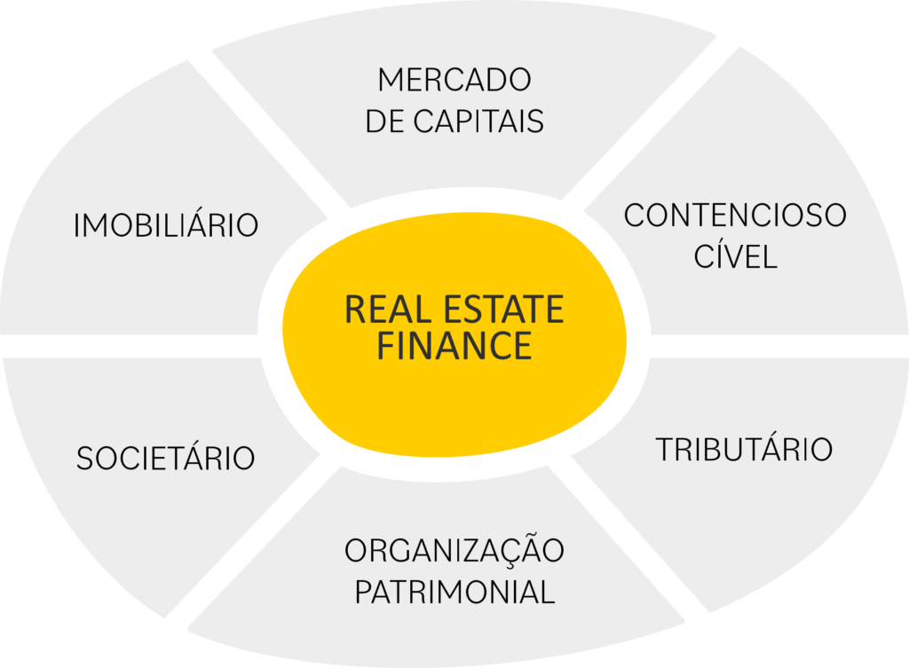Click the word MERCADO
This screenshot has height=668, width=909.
[x=454, y=80]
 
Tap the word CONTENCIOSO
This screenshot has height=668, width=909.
[x=735, y=216]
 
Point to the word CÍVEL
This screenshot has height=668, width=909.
[x=735, y=257]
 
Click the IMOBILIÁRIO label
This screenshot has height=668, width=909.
[x=166, y=225]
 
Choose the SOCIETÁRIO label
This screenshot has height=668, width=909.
[x=166, y=459]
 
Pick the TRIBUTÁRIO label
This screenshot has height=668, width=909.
[x=744, y=449]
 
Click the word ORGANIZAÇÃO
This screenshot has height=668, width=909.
[x=454, y=550]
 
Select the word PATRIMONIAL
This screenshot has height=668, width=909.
[x=454, y=592]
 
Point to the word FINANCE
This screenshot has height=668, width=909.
[x=454, y=346]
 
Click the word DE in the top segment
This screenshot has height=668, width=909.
[x=384, y=122]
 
